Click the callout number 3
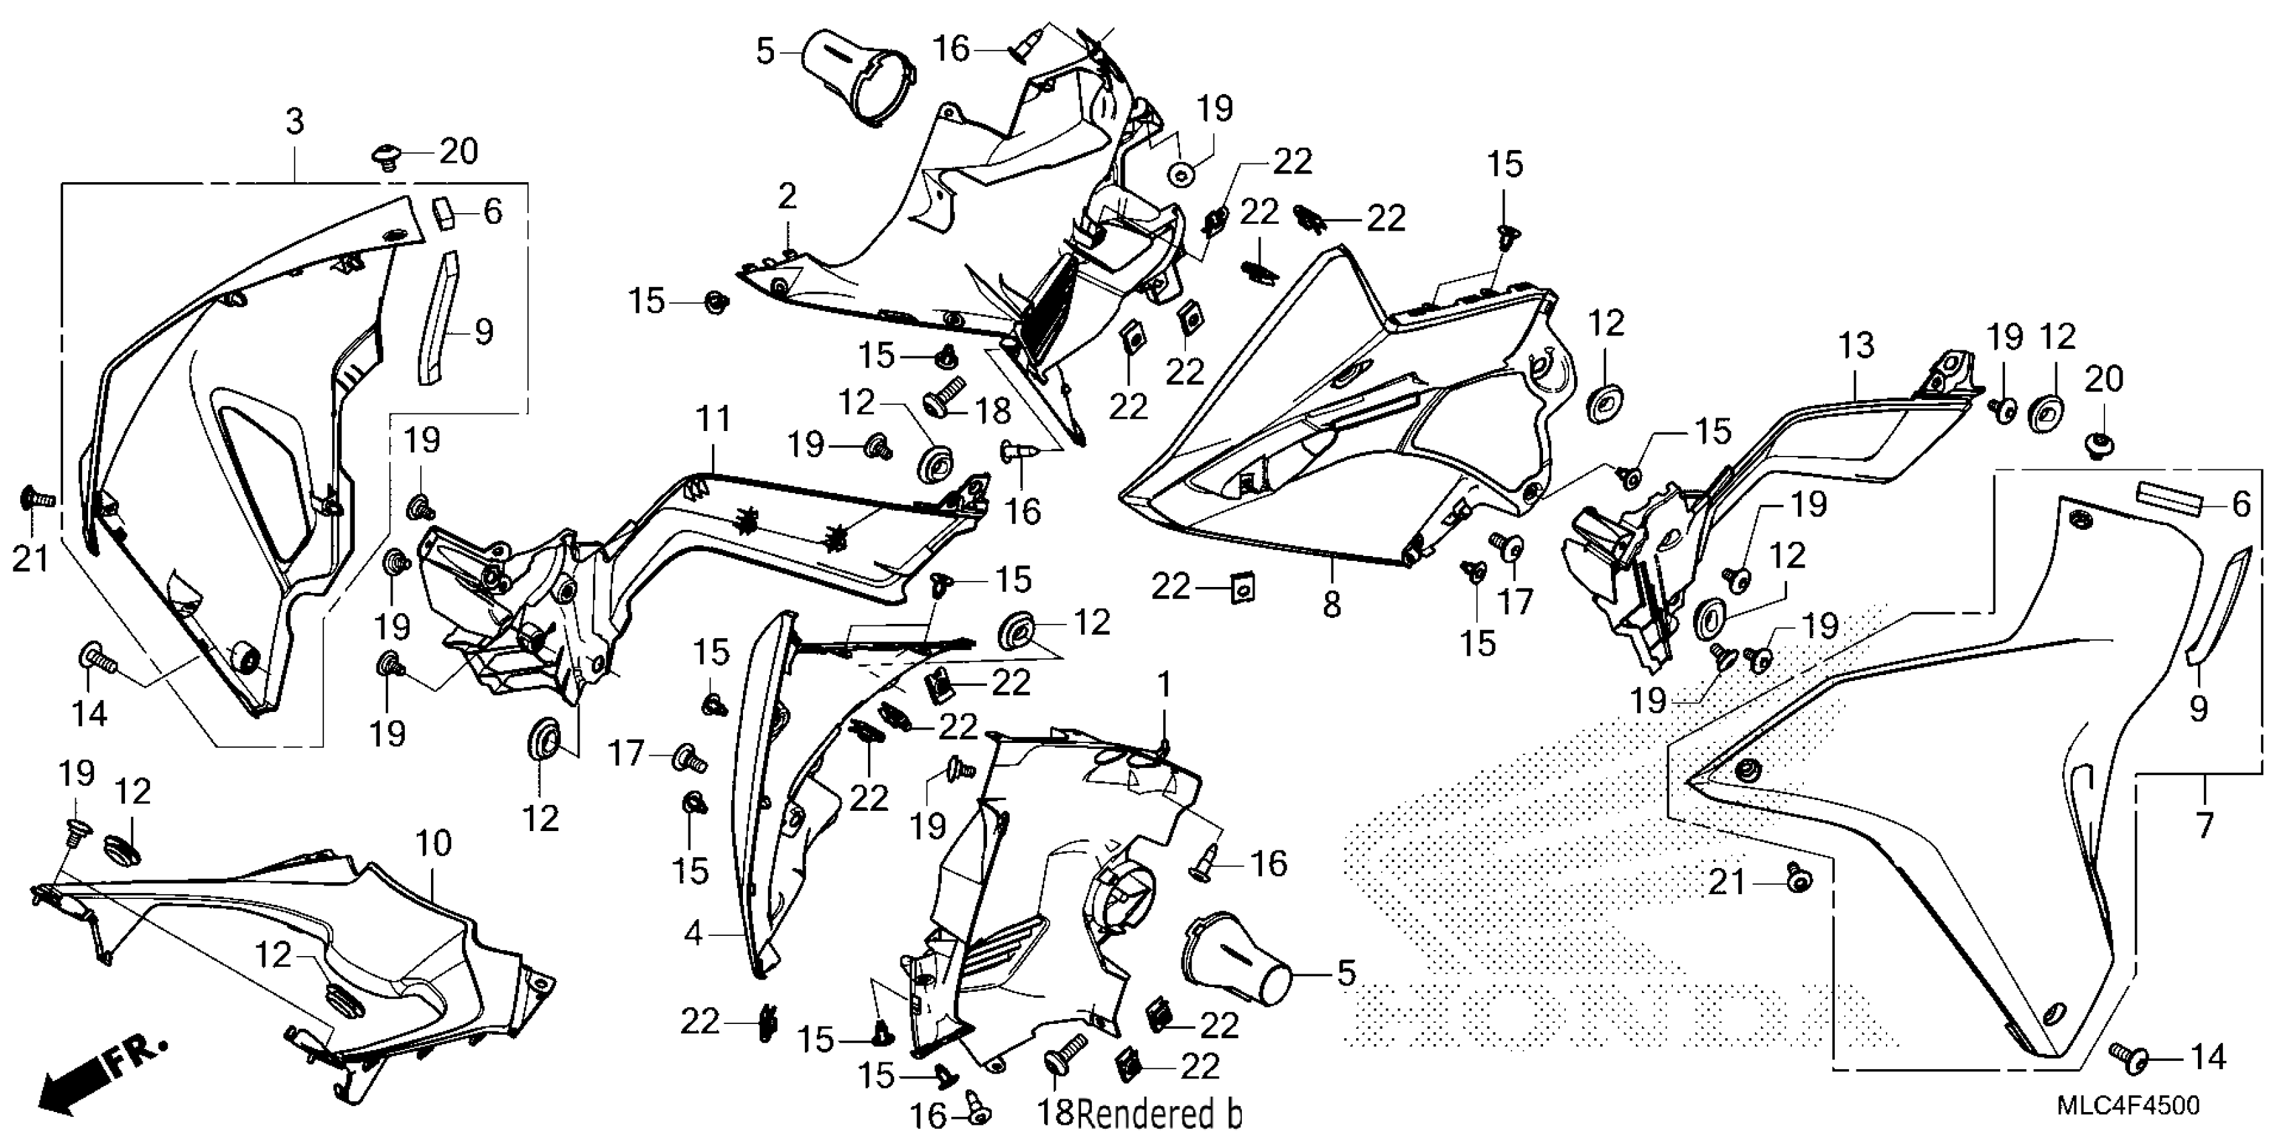pos(294,122)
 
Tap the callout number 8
pos(1331,605)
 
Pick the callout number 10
pos(434,843)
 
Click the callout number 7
pos(2205,826)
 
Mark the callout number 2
pos(787,197)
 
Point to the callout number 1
pos(1165,685)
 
